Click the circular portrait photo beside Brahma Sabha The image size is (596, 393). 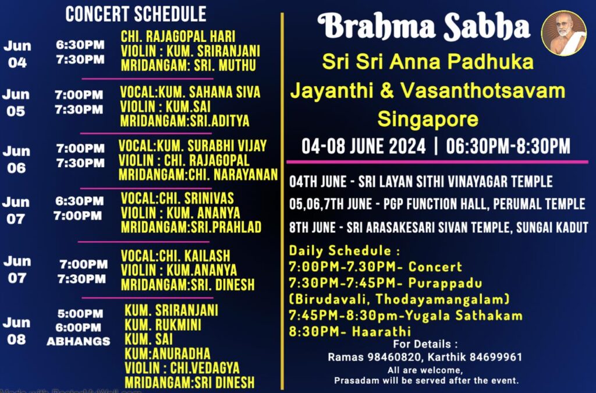point(563,33)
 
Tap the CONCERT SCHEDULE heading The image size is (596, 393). point(136,15)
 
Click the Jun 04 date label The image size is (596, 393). point(17,54)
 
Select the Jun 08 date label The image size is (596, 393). point(16,331)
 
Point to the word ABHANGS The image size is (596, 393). point(79,341)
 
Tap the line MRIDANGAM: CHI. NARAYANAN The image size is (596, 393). point(198,175)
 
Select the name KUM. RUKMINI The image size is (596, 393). point(163,325)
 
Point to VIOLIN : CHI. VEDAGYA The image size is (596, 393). point(182,368)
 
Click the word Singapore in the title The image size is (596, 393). point(428,119)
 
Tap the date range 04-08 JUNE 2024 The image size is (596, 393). point(363,146)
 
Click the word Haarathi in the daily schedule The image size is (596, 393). point(381,331)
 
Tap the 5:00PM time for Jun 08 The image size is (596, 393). point(80,314)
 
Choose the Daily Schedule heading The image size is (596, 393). point(345,251)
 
